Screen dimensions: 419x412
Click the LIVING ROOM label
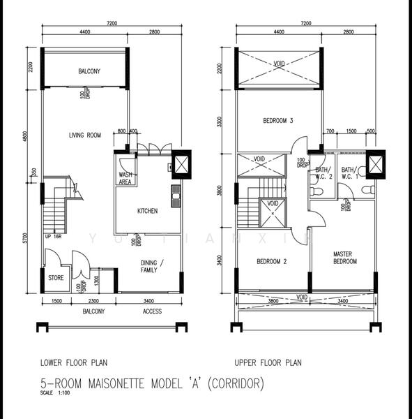pyautogui.click(x=85, y=135)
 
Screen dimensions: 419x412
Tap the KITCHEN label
pyautogui.click(x=147, y=211)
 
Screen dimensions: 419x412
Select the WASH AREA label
pyautogui.click(x=125, y=178)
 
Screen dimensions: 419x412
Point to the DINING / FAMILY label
pyautogui.click(x=152, y=265)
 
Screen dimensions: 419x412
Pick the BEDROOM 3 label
pyautogui.click(x=277, y=121)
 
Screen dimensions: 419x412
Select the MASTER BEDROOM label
pyautogui.click(x=344, y=258)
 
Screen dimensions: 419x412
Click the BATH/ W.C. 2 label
pyautogui.click(x=321, y=172)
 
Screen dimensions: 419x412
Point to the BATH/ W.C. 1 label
pyautogui.click(x=347, y=172)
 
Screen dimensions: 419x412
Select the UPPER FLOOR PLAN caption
pyautogui.click(x=268, y=362)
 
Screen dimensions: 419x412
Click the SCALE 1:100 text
pyautogui.click(x=54, y=393)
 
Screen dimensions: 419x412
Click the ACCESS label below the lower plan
pyautogui.click(x=153, y=311)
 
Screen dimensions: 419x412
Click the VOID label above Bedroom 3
pyautogui.click(x=279, y=64)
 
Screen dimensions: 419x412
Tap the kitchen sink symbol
pyautogui.click(x=174, y=193)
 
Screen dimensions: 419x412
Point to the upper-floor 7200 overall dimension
pyautogui.click(x=306, y=23)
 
